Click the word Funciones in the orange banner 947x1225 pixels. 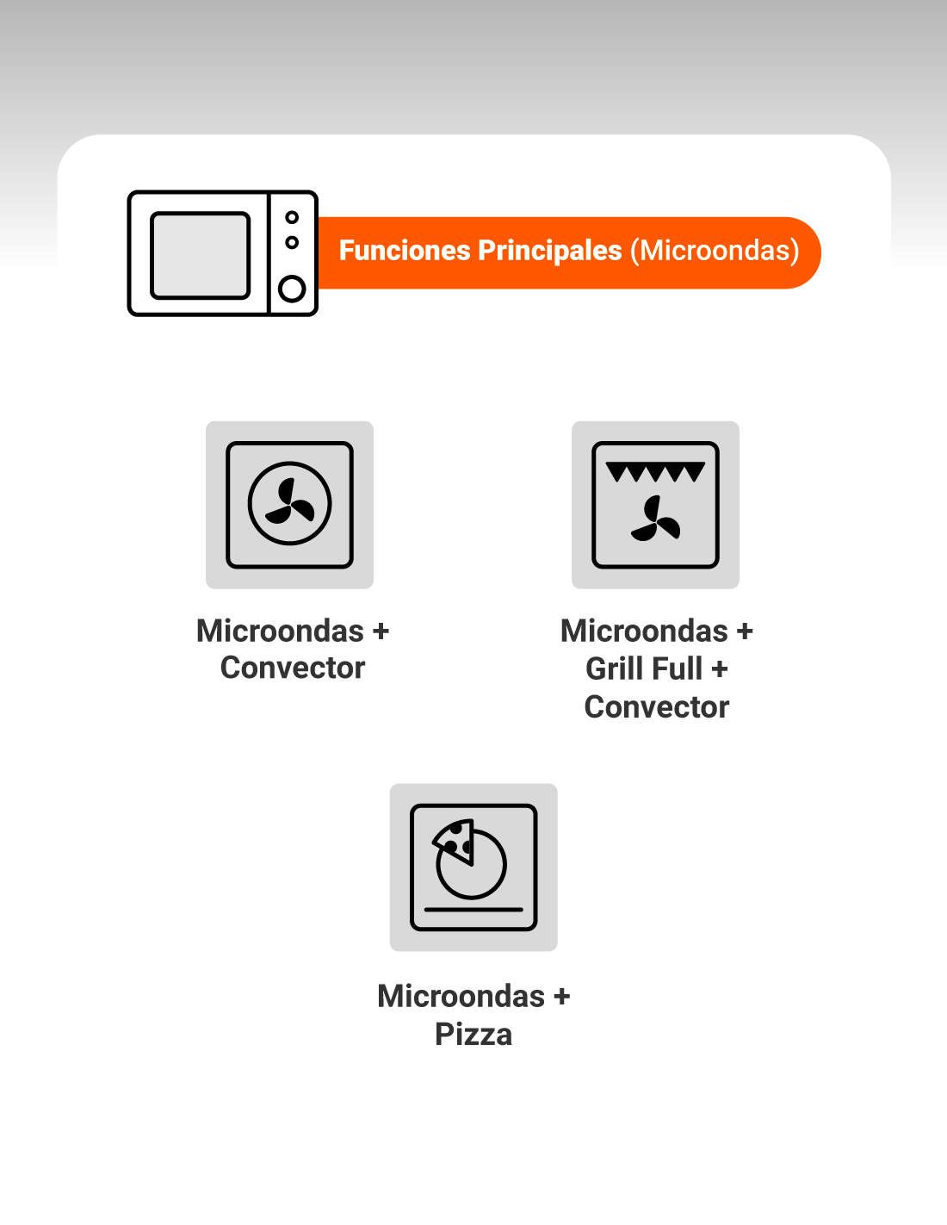(x=405, y=251)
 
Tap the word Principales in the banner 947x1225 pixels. (x=550, y=251)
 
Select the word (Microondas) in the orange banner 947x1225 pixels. (x=715, y=251)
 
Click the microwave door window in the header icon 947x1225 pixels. (x=200, y=255)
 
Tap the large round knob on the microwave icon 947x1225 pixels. (x=292, y=289)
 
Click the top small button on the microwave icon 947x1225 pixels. (x=292, y=217)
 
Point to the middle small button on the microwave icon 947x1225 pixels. (x=292, y=242)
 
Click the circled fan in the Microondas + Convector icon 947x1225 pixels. (x=289, y=503)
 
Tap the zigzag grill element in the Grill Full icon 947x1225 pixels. (x=655, y=471)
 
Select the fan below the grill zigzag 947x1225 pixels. (x=655, y=519)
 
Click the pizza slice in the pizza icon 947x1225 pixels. (x=454, y=842)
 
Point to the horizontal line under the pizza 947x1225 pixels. (x=473, y=910)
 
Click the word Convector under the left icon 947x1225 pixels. (x=293, y=668)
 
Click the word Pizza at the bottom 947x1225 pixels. (x=473, y=1035)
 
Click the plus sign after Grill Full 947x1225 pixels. (x=720, y=669)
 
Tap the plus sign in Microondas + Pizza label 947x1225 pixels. (x=561, y=996)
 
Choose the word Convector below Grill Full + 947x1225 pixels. (x=656, y=707)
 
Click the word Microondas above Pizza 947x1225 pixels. (x=461, y=996)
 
